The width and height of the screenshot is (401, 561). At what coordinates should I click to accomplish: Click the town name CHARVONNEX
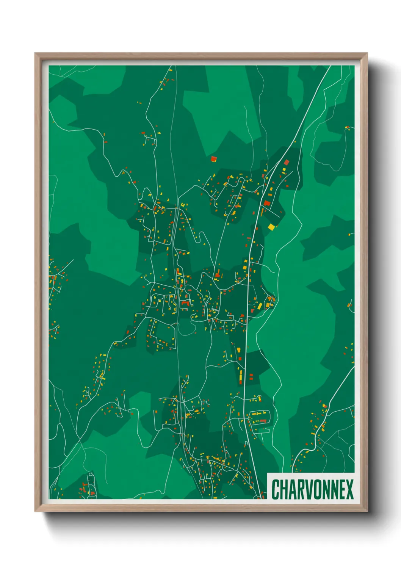click(312, 489)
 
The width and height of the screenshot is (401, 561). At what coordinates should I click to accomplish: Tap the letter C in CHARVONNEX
click(276, 489)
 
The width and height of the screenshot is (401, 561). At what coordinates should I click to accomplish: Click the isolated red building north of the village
click(214, 158)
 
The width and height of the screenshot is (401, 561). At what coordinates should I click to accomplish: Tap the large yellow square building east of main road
click(271, 227)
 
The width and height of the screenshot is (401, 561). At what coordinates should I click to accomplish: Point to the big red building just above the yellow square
click(267, 203)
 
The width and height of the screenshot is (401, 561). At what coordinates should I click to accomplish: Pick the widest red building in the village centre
click(185, 302)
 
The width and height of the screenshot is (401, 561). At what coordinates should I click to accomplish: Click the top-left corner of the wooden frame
click(35, 53)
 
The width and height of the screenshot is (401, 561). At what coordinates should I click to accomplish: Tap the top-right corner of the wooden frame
click(367, 53)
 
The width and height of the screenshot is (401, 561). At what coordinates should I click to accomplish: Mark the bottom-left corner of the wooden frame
click(35, 511)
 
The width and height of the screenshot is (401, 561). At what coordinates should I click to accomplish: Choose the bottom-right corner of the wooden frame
click(367, 511)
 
